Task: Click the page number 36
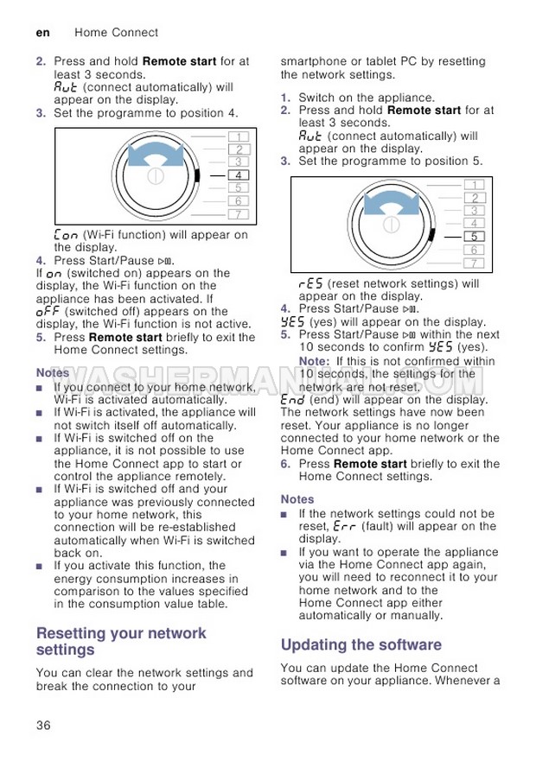pos(43,724)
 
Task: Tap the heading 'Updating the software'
pos(361,644)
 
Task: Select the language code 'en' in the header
pos(41,32)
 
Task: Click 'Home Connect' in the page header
pos(116,32)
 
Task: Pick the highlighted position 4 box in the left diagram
pos(238,174)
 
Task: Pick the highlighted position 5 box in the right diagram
pos(474,236)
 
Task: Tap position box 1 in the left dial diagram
pos(238,136)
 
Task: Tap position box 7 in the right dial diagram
pos(474,263)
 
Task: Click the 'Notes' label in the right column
pos(297,499)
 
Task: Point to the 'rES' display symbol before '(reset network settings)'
pos(310,283)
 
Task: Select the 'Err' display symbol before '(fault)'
pos(344,526)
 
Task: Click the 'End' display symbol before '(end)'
pos(293,400)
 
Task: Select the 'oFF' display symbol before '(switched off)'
pos(48,312)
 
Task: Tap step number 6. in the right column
pos(286,464)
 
